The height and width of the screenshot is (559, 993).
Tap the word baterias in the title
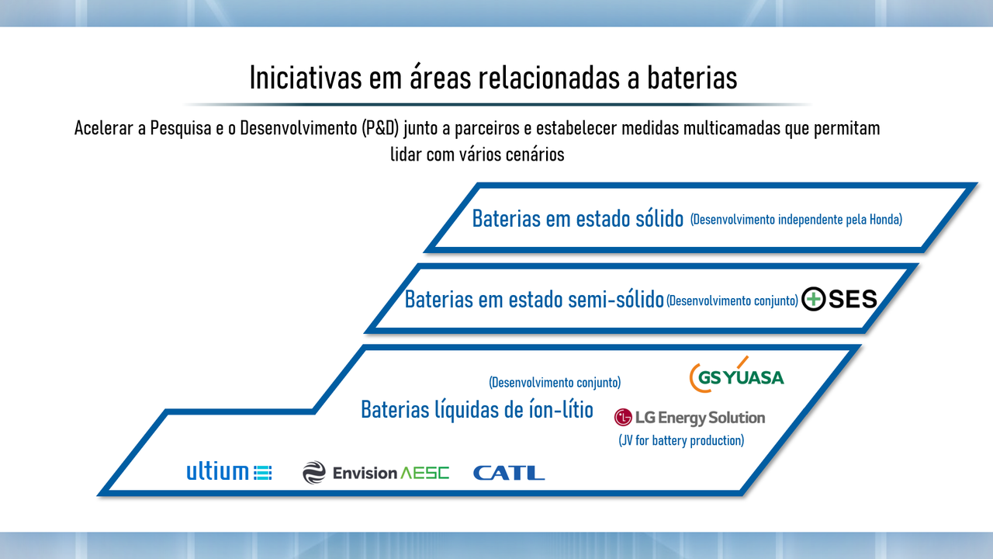[692, 78]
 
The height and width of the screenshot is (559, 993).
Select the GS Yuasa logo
[737, 375]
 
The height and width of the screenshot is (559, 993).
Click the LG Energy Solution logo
[690, 418]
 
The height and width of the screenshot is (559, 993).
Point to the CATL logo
[509, 473]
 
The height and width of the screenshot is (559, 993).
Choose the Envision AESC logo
[376, 473]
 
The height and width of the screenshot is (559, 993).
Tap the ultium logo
[229, 471]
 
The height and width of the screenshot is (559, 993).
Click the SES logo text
[853, 299]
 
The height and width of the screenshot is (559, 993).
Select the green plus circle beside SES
[814, 299]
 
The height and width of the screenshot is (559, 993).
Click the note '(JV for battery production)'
[681, 440]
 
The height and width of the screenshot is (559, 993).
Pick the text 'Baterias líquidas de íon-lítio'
[477, 409]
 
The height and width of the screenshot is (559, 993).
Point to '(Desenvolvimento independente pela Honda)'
[796, 220]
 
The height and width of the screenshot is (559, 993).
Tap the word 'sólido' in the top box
[659, 218]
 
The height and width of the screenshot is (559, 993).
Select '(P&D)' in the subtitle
[380, 128]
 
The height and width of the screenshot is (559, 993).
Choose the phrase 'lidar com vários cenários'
[477, 155]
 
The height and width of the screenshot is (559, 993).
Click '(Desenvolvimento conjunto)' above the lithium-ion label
[555, 383]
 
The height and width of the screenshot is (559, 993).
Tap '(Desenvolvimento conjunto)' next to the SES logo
[732, 300]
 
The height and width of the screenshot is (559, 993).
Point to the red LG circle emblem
[623, 418]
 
